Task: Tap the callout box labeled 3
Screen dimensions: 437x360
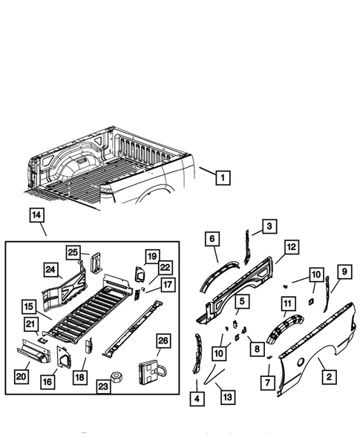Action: [269, 226]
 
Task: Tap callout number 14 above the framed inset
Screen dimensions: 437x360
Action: [38, 217]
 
